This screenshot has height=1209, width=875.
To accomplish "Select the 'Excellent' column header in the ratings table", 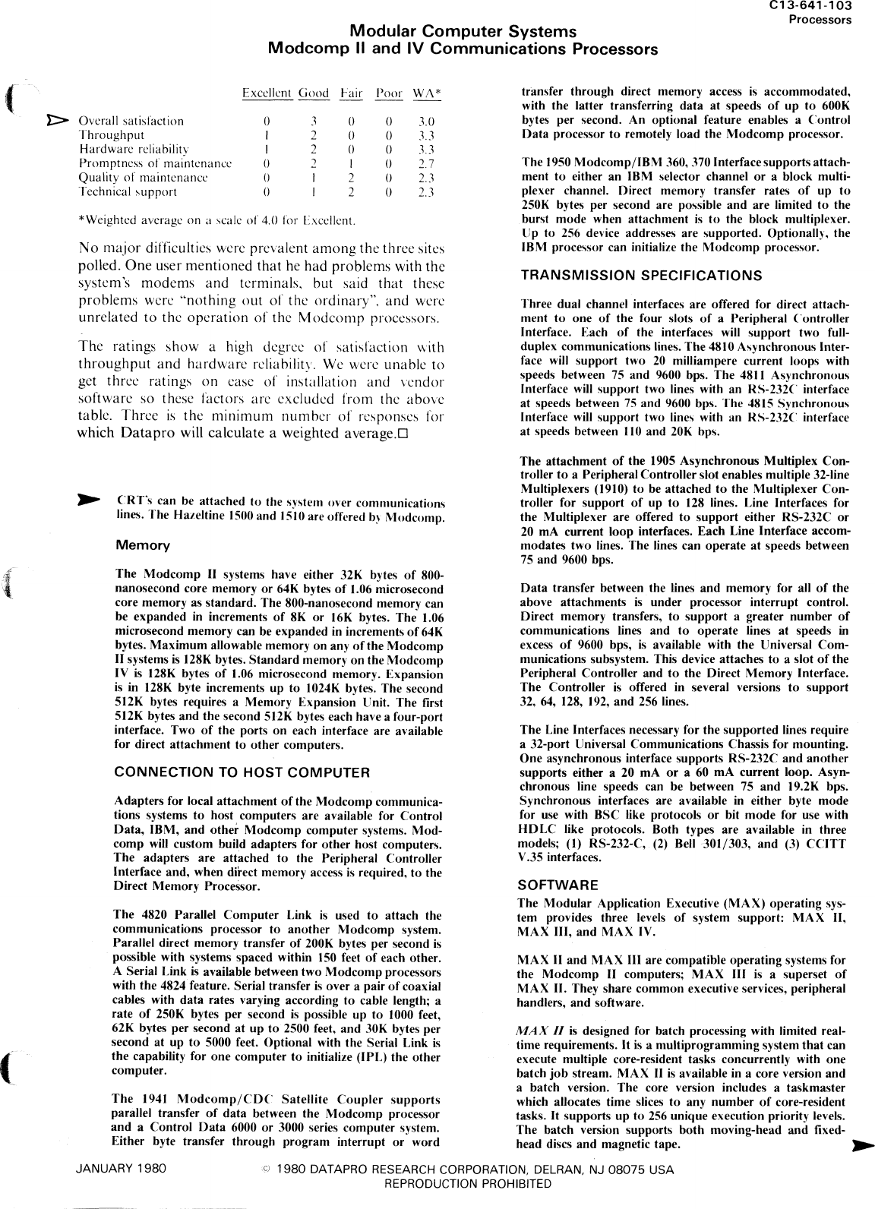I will coord(267,93).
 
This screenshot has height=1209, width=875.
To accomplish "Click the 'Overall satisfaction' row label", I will coord(131,121).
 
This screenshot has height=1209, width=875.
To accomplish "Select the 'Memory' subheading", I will coord(142,545).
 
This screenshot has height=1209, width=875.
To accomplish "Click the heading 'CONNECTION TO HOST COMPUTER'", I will coord(242,772).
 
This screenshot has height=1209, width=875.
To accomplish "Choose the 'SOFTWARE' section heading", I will coord(558,885).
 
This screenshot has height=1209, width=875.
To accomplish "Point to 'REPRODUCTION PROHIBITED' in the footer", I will coord(468,1183).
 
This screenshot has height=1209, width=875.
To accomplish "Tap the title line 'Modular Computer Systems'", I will coord(463,32).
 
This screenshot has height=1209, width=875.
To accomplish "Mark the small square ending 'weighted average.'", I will coord(403,434).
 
